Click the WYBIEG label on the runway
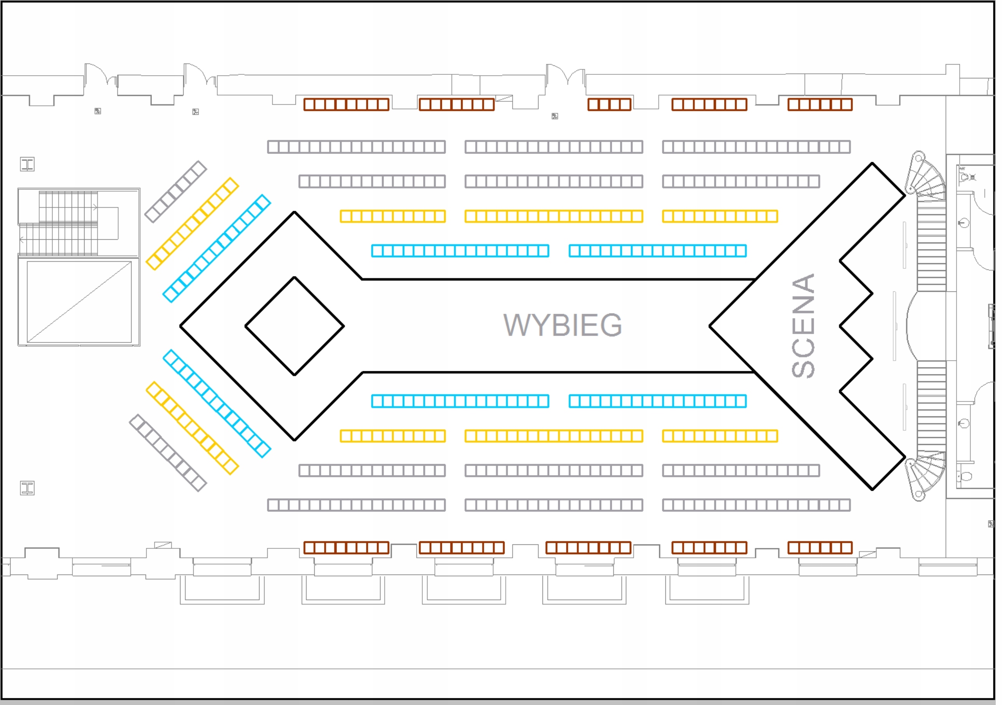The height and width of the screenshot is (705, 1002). (x=563, y=325)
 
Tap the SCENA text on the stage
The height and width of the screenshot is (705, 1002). (x=803, y=326)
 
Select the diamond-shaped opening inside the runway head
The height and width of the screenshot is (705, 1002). (x=295, y=326)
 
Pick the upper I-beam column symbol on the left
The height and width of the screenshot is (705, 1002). (x=27, y=164)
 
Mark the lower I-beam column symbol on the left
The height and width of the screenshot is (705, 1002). (x=27, y=488)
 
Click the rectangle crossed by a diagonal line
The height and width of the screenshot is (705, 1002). (x=79, y=302)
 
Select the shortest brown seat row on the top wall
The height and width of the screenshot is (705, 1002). (x=609, y=105)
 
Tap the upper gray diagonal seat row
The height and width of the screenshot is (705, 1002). (x=175, y=191)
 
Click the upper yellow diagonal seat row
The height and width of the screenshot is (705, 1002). (x=193, y=224)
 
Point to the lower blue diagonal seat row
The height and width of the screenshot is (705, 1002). (x=217, y=403)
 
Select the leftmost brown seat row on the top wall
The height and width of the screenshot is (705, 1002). (x=346, y=105)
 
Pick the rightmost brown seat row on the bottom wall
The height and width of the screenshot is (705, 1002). (x=820, y=548)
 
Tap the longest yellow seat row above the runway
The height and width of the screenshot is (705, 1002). (x=554, y=216)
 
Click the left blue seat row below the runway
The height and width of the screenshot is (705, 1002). (x=460, y=401)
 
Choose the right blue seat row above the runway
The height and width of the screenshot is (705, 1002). (x=658, y=251)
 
